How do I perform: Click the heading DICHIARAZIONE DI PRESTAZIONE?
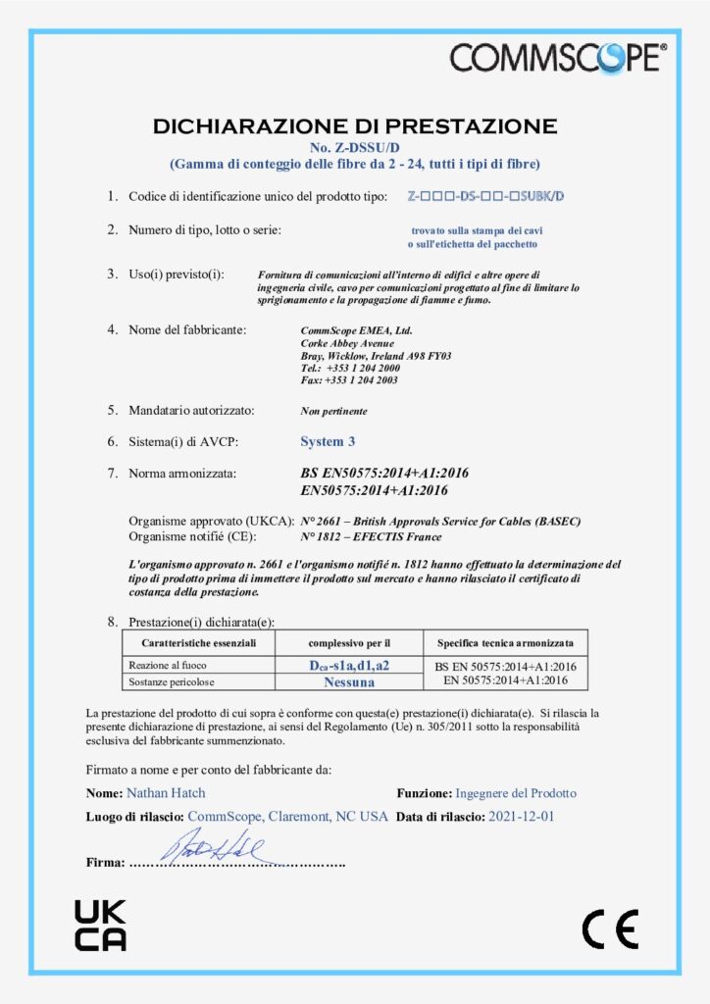355,125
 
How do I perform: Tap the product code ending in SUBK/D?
485,196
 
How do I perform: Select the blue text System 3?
328,441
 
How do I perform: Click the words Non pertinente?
333,411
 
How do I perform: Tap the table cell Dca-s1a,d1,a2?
349,666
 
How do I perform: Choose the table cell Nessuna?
349,680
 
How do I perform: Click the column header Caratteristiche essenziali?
199,643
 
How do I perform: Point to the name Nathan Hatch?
166,792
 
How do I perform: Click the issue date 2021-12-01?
521,816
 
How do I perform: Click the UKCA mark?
100,926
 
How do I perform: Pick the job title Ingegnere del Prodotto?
516,792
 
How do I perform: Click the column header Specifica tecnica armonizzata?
506,643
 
